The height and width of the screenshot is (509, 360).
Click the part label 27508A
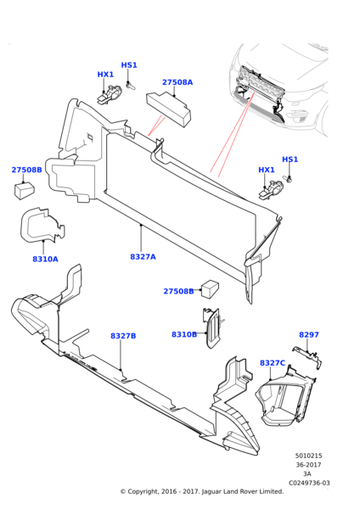177,82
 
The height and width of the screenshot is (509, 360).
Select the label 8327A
143,257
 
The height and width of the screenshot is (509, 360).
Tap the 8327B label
123,336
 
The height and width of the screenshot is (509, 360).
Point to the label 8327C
273,363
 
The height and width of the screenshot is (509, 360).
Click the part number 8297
309,335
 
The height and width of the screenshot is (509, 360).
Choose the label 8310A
45,259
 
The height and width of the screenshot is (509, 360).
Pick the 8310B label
184,334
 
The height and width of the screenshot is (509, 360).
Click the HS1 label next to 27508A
129,65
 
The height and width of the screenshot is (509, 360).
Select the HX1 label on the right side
267,170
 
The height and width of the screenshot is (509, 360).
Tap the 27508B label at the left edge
26,170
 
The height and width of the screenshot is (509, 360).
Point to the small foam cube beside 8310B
210,288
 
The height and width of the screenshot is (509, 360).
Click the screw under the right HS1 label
287,178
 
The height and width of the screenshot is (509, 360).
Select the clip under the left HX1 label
110,94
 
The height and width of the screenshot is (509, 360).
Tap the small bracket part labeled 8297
308,356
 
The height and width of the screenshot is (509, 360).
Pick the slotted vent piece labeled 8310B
211,327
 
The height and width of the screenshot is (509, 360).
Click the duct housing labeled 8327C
285,398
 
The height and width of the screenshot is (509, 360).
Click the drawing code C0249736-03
309,483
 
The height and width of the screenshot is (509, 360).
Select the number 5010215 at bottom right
308,456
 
